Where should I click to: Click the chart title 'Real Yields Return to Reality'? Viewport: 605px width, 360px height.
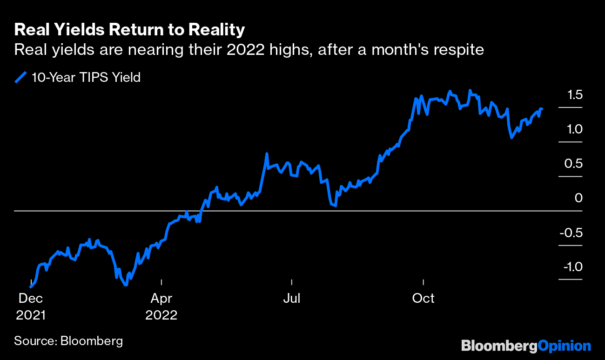129,30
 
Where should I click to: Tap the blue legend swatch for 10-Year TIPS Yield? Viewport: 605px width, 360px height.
20,77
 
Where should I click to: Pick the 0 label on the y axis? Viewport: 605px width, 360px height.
578,198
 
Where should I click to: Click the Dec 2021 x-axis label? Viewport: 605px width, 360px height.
31,307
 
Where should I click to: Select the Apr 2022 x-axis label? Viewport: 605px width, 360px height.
161,307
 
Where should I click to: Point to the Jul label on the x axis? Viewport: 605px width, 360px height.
292,298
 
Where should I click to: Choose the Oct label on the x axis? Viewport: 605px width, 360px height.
423,298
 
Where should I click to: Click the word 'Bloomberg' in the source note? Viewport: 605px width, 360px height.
92,340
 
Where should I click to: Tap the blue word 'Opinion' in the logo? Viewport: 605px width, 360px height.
564,346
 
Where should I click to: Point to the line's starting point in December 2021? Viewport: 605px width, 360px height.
31,287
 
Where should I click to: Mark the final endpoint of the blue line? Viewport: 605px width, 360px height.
542,109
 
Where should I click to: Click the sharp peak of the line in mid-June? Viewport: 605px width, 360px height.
267,153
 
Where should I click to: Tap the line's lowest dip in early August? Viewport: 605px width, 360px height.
335,205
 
